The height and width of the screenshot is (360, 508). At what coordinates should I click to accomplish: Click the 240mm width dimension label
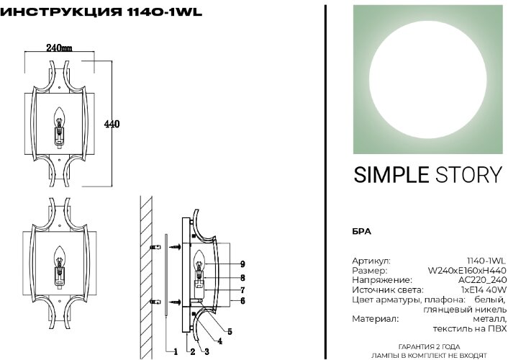click(x=58, y=48)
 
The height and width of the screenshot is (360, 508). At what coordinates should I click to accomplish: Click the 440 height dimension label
click(x=112, y=124)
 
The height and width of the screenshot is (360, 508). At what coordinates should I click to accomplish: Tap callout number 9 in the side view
click(x=243, y=264)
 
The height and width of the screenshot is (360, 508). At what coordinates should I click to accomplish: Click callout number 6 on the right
click(x=243, y=301)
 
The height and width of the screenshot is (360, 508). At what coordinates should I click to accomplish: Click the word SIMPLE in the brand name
click(x=388, y=175)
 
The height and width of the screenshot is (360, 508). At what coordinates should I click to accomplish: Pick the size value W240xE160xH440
click(x=467, y=270)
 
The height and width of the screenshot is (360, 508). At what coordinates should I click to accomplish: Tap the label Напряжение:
click(x=381, y=279)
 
